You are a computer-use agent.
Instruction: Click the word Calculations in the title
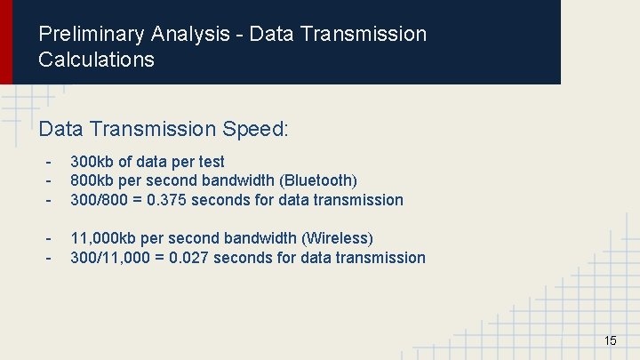coord(96,60)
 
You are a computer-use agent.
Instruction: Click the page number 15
coord(610,340)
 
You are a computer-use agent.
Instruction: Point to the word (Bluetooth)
coord(318,180)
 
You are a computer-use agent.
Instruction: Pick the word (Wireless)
coord(338,238)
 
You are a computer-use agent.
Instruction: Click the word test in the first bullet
coord(212,162)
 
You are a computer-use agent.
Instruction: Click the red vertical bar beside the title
coord(6,42)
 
